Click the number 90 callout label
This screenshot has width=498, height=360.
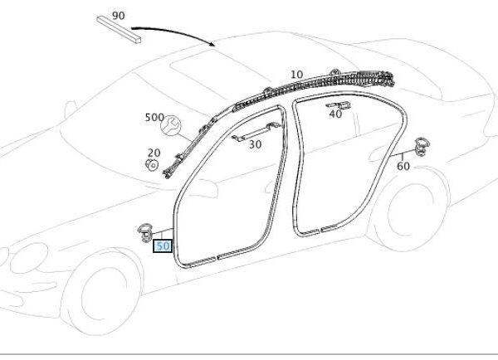119,16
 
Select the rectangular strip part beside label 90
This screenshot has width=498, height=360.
119,30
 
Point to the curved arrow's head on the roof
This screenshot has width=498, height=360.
212,44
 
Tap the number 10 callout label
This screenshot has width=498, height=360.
296,75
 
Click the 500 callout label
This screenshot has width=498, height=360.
154,118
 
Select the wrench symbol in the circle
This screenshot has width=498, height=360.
170,125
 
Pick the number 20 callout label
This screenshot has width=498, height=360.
154,153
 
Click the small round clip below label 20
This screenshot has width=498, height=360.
152,165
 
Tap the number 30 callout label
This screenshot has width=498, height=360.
255,145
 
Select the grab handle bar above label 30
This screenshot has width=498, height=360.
256,131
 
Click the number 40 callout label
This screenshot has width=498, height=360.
335,114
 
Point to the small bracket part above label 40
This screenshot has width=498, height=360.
339,105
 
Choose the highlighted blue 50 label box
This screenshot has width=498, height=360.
163,246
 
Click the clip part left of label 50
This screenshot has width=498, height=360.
145,233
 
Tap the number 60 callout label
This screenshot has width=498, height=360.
403,166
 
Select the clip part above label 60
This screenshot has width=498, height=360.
422,147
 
